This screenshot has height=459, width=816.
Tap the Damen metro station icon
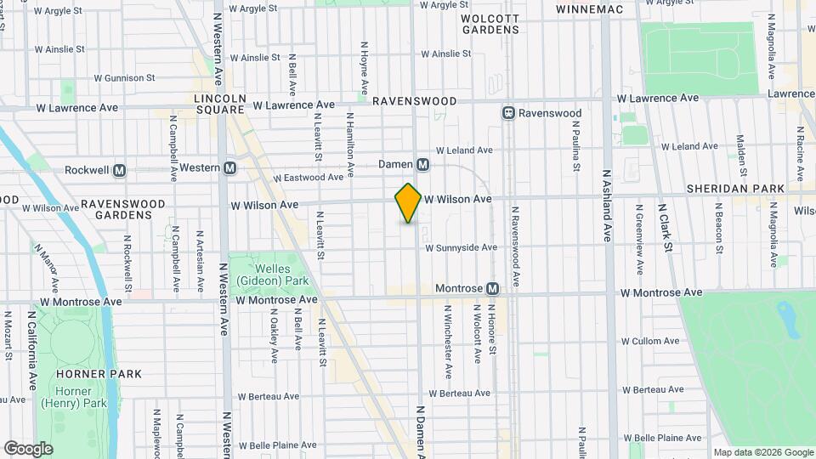pyautogui.click(x=422, y=164)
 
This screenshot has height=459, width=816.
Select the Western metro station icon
pyautogui.click(x=229, y=168)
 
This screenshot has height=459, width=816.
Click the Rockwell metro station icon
pyautogui.click(x=120, y=170)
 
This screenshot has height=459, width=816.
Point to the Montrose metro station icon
pyautogui.click(x=492, y=289)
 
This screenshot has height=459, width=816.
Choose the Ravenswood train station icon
pyautogui.click(x=508, y=113)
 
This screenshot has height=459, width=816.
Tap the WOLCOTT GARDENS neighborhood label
pyautogui.click(x=490, y=23)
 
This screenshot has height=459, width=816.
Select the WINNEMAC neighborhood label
pyautogui.click(x=589, y=9)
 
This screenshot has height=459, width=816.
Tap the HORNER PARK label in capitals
pyautogui.click(x=79, y=374)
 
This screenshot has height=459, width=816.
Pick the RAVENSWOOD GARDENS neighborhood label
pyautogui.click(x=117, y=210)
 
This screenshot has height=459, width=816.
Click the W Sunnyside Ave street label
pyautogui.click(x=460, y=248)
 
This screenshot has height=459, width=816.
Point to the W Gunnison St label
pyautogui.click(x=124, y=77)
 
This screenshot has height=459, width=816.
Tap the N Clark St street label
pyautogui.click(x=668, y=226)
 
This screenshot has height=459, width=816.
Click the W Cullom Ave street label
pyautogui.click(x=652, y=342)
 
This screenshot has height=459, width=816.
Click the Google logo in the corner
pyautogui.click(x=28, y=448)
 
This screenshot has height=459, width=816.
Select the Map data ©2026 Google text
pyautogui.click(x=762, y=452)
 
